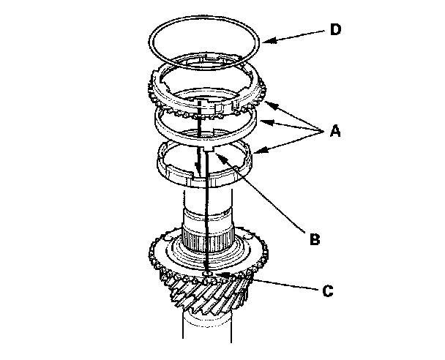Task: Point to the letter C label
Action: pos(329,291)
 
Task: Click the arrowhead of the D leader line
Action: pos(263,42)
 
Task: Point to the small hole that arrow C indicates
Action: pos(209,273)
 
